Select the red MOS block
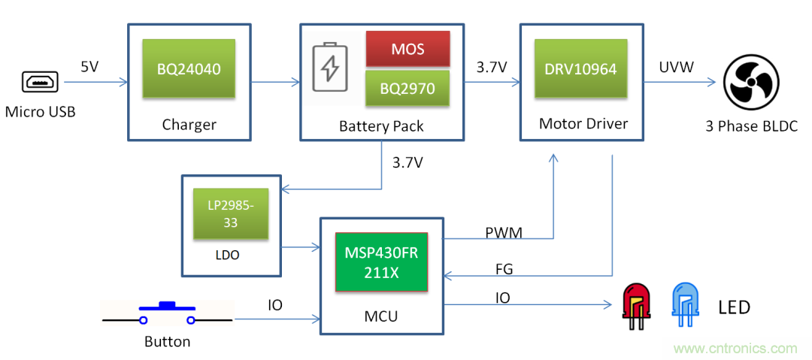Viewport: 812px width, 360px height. [408, 50]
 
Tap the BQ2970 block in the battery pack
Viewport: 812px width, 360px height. [408, 88]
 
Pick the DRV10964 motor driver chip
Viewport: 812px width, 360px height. [580, 68]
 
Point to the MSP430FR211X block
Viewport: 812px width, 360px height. [381, 262]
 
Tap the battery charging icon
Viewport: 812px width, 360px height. [329, 68]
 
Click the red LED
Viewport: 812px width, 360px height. [635, 304]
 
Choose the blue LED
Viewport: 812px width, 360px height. [684, 304]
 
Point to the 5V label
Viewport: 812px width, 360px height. [89, 67]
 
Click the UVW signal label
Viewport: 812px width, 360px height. [676, 68]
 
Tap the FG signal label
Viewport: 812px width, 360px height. [504, 268]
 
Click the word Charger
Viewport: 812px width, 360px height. [189, 125]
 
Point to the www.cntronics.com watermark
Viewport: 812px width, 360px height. [735, 348]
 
